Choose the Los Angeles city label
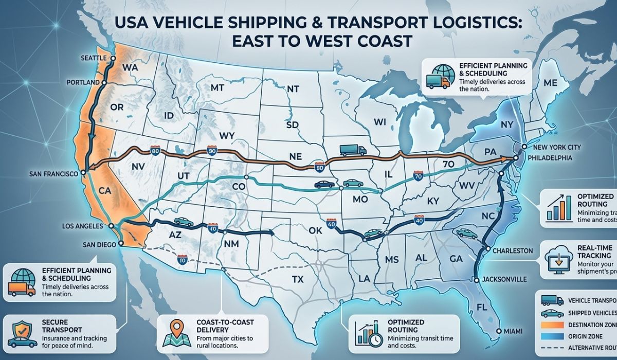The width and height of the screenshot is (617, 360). (x=89, y=226)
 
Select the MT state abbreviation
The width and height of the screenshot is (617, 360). (x=218, y=87)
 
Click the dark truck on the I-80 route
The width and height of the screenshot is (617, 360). (x=353, y=150)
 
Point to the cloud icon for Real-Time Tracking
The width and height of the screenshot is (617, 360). (x=557, y=256)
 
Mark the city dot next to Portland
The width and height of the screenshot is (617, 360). (x=104, y=82)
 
